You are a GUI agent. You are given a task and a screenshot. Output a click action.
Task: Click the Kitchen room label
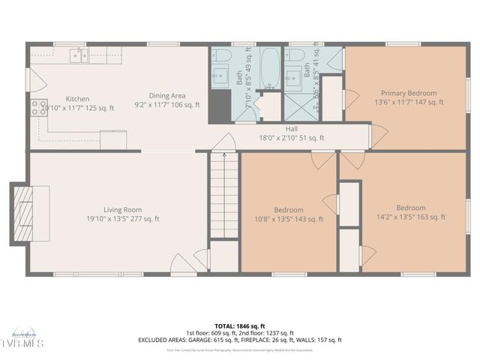pyautogui.click(x=77, y=98)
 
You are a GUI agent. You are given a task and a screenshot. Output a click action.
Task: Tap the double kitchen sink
pyautogui.click(x=79, y=55)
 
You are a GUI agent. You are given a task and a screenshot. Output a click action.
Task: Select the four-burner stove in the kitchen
pyautogui.click(x=39, y=108)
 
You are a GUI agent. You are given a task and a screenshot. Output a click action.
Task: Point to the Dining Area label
pyautogui.click(x=166, y=95)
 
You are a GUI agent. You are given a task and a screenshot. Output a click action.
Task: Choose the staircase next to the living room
pyautogui.click(x=223, y=195)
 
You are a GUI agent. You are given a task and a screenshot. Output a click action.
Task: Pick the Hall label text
pyautogui.click(x=270, y=129)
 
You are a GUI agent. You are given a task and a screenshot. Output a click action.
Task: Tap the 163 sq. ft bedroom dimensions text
pyautogui.click(x=410, y=217)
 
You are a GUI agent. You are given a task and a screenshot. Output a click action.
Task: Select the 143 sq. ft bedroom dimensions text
pyautogui.click(x=289, y=220)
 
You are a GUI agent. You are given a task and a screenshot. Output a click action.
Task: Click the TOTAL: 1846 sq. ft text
pyautogui.click(x=239, y=325)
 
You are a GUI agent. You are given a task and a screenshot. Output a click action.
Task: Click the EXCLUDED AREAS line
pyautogui.click(x=239, y=340)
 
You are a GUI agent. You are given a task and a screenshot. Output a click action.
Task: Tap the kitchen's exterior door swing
pyautogui.click(x=31, y=79)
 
